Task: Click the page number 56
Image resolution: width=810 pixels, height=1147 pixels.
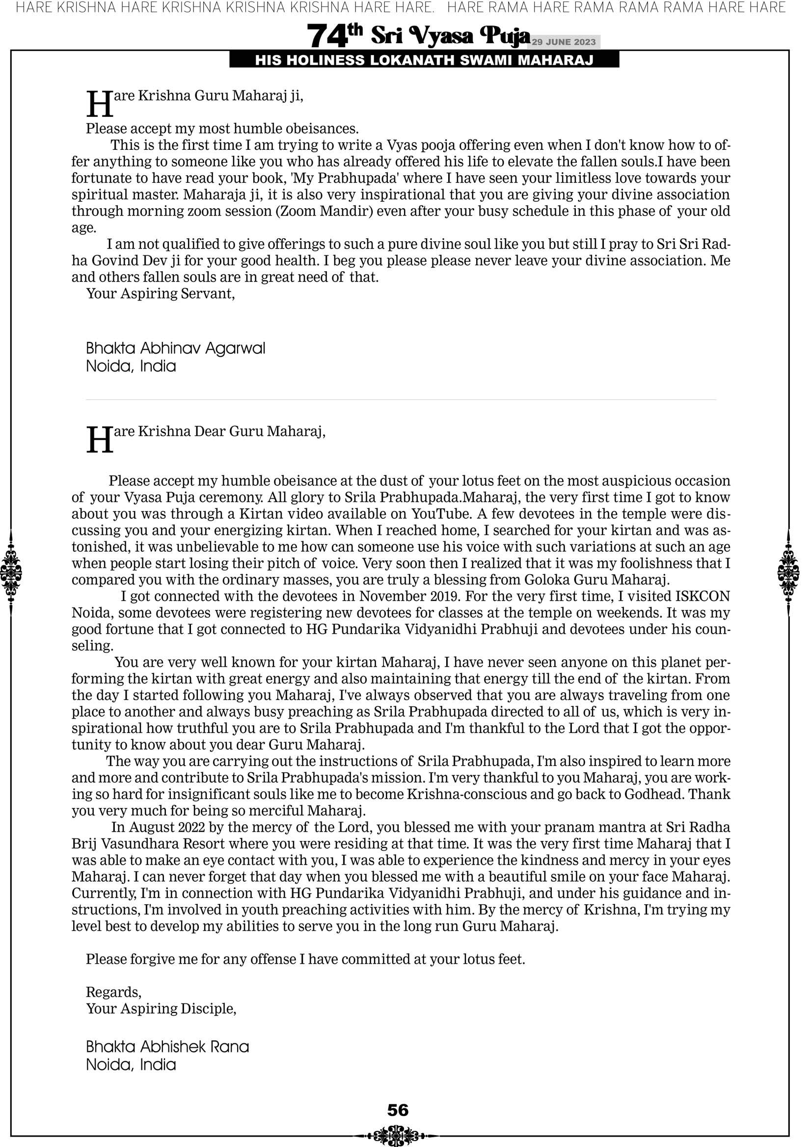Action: pyautogui.click(x=398, y=1111)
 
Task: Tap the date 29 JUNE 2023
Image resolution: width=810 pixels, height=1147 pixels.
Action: pyautogui.click(x=563, y=42)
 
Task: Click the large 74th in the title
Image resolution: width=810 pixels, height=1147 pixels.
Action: pyautogui.click(x=334, y=36)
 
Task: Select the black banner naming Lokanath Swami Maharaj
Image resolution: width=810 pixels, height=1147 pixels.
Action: pyautogui.click(x=424, y=60)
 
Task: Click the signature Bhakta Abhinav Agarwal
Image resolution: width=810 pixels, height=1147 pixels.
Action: pyautogui.click(x=175, y=348)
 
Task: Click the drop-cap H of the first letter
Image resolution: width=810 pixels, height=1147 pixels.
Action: pyautogui.click(x=99, y=104)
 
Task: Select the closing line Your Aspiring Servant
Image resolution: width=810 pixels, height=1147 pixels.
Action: pyautogui.click(x=161, y=294)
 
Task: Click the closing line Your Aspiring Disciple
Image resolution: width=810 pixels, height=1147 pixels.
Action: pyautogui.click(x=161, y=1008)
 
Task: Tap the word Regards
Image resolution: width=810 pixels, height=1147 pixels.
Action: pyautogui.click(x=113, y=992)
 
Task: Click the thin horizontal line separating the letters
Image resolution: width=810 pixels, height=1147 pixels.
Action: pyautogui.click(x=401, y=400)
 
